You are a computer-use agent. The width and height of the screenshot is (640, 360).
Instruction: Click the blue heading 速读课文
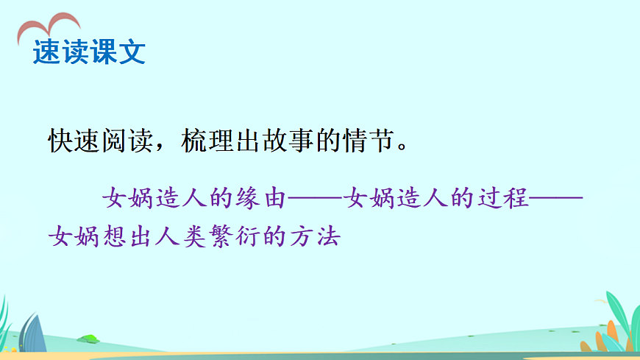point(89,52)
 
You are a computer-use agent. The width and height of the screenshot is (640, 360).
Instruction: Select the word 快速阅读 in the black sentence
point(98,140)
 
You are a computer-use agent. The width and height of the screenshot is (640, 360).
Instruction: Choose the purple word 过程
point(508,198)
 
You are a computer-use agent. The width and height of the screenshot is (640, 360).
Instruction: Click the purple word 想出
point(125,237)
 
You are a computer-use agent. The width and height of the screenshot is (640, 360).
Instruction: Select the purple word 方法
point(319,237)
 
